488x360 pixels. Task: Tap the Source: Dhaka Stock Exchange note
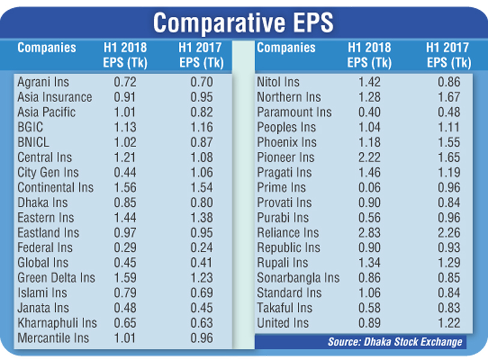395,341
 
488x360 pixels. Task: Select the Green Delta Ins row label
56,278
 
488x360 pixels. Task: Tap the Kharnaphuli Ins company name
57,323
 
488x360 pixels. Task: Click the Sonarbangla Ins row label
298,278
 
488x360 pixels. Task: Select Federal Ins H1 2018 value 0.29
125,248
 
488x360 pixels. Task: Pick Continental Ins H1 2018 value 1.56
125,187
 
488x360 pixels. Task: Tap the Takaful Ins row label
285,308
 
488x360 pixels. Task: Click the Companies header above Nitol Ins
286,48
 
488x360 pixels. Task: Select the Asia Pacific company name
46,112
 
